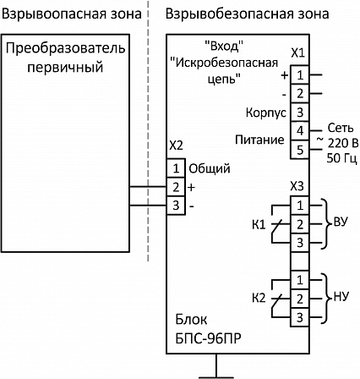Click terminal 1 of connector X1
(x=300, y=75)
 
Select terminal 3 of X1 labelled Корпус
(x=300, y=113)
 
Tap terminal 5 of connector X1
(x=300, y=150)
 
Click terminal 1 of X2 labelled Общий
(x=176, y=168)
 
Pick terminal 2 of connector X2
(x=176, y=187)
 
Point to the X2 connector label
(x=176, y=146)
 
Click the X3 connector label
(x=297, y=186)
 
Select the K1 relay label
(x=259, y=225)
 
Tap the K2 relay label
(x=259, y=299)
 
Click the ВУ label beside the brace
(x=341, y=222)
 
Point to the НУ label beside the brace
(x=341, y=297)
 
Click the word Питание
(x=259, y=140)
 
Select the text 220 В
(x=343, y=143)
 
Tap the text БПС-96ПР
(x=208, y=338)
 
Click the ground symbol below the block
(x=216, y=366)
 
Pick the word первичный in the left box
(x=65, y=68)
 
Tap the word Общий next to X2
(x=210, y=169)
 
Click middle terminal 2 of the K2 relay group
(x=300, y=299)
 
